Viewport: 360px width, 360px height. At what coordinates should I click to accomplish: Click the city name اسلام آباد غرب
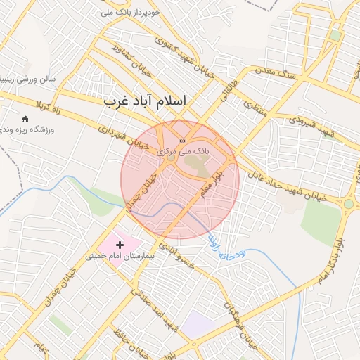click(x=146, y=101)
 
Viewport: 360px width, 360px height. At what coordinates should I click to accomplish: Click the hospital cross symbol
click(x=120, y=245)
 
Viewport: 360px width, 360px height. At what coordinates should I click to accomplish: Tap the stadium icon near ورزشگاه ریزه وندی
click(x=25, y=119)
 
